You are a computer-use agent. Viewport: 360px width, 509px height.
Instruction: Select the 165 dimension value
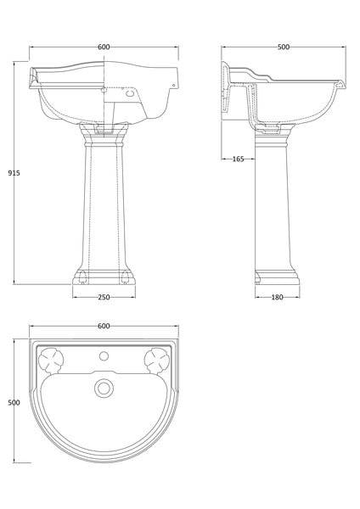click(x=238, y=159)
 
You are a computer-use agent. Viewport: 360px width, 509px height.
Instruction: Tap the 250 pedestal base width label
click(x=104, y=296)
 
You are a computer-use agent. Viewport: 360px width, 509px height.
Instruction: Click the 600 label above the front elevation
click(x=104, y=47)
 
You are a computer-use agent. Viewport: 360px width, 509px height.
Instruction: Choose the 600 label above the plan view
click(x=104, y=326)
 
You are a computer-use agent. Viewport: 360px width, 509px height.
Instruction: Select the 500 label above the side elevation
click(x=283, y=47)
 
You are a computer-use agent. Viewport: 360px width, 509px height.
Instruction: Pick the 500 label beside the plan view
click(x=13, y=403)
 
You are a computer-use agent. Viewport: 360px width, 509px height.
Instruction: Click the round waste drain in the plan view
click(x=104, y=388)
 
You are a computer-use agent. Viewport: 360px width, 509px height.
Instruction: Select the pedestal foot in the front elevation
click(x=104, y=276)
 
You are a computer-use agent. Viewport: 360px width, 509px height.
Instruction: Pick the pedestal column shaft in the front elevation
click(x=104, y=204)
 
